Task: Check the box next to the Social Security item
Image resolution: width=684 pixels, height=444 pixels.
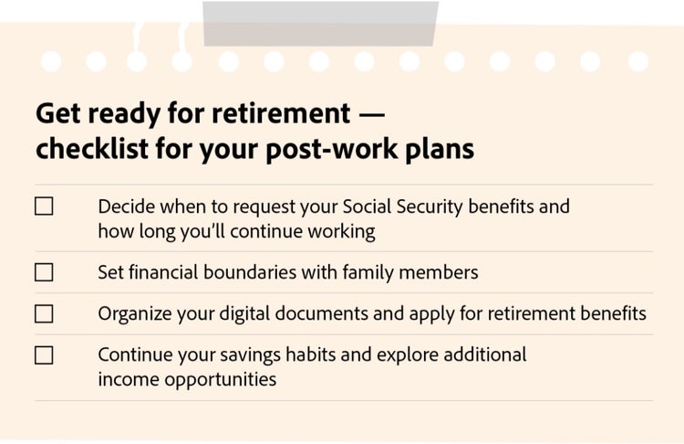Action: pos(44,206)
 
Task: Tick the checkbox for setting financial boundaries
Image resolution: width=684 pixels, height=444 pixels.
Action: pos(44,272)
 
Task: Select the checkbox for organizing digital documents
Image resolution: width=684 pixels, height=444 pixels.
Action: pos(44,314)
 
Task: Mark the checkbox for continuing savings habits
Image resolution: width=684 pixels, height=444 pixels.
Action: pos(44,355)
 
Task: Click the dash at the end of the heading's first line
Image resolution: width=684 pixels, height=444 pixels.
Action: pos(372,113)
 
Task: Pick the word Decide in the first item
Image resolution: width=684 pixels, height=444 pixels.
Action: pos(125,206)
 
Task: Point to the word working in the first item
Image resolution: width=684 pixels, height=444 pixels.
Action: pos(341,231)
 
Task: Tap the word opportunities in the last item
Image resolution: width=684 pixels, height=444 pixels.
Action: pos(220,379)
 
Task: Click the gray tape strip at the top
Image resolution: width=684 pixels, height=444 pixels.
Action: pos(320,24)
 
